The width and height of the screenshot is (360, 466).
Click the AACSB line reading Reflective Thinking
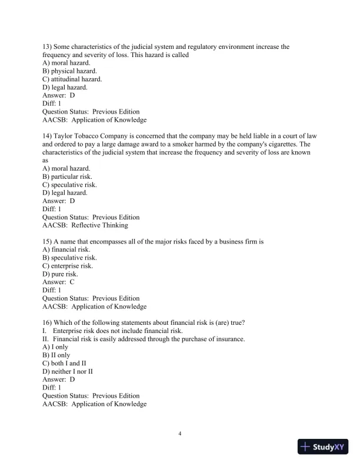coord(85,225)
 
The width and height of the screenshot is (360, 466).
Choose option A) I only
coord(55,347)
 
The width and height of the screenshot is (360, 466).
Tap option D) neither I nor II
coord(68,372)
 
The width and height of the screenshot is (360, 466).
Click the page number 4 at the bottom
coord(180,434)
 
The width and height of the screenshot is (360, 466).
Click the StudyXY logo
coord(324,447)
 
